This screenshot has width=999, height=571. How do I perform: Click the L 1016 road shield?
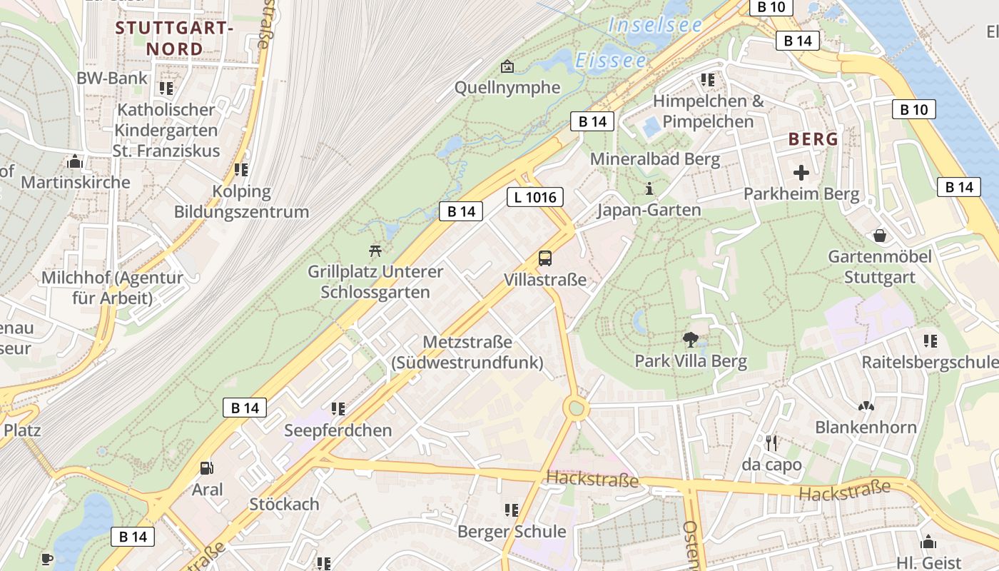pos(535,197)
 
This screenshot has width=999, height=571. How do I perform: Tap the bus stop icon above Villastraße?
pos(545,258)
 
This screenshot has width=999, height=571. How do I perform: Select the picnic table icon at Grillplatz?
pos(375,251)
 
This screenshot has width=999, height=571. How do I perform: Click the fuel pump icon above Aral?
pos(207,468)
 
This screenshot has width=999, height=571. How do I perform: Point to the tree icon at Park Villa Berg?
pos(690,340)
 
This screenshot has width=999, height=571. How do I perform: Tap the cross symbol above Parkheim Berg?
pos(801,173)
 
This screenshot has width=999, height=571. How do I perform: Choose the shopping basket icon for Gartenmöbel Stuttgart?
pos(880,236)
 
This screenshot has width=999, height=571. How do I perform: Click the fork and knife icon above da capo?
pos(771,443)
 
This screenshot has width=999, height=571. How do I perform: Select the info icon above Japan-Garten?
pos(649,189)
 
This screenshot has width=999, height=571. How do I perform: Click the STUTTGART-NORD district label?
pos(174,39)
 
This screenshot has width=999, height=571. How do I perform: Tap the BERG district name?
pos(813,139)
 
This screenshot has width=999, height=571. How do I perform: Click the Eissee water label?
pos(611,61)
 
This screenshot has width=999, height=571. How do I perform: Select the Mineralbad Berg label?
pos(655,159)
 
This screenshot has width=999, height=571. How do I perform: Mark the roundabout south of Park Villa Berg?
pos(577,408)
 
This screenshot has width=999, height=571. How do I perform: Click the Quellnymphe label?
pos(507,88)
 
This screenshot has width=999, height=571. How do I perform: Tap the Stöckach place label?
pos(284,504)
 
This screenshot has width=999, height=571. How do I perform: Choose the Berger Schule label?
pos(512,532)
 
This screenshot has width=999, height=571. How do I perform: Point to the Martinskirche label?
pos(76,182)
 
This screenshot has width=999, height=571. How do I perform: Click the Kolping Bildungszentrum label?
pos(241,202)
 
